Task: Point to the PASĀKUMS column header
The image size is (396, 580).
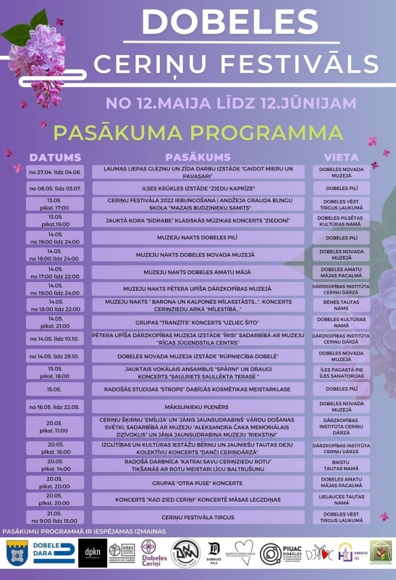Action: tap(198, 157)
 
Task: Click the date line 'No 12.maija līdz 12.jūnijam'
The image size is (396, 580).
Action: tap(231, 102)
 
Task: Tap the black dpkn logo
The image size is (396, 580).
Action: tap(92, 550)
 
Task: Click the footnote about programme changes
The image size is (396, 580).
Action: tap(85, 531)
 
